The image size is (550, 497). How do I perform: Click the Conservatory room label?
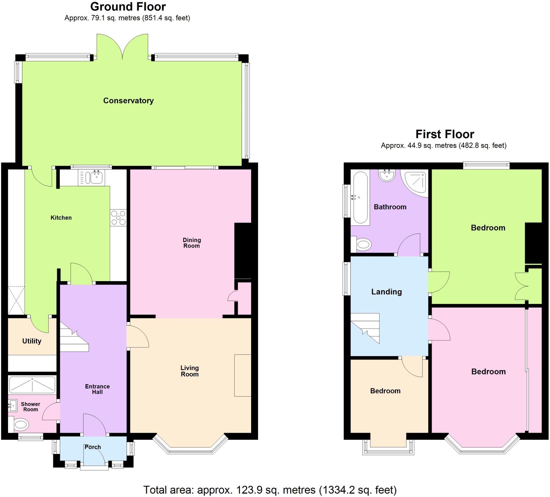pyautogui.click(x=128, y=101)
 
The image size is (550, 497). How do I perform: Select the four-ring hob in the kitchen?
pyautogui.click(x=118, y=218)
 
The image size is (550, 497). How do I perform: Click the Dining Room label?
pyautogui.click(x=191, y=243)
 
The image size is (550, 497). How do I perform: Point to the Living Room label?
pyautogui.click(x=190, y=371)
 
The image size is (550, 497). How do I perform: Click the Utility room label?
pyautogui.click(x=32, y=341)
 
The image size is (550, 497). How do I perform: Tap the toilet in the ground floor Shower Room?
pyautogui.click(x=21, y=424)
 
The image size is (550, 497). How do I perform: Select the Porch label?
pyautogui.click(x=93, y=447)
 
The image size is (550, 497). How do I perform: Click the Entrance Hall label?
pyautogui.click(x=97, y=389)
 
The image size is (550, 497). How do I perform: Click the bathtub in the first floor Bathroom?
pyautogui.click(x=360, y=197)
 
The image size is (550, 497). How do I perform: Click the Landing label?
pyautogui.click(x=386, y=292)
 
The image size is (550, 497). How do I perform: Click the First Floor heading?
pyautogui.click(x=445, y=134)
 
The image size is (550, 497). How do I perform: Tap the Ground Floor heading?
pyautogui.click(x=128, y=6)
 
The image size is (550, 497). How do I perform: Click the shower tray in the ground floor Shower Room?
pyautogui.click(x=32, y=384)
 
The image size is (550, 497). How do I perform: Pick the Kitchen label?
pyautogui.click(x=61, y=218)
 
